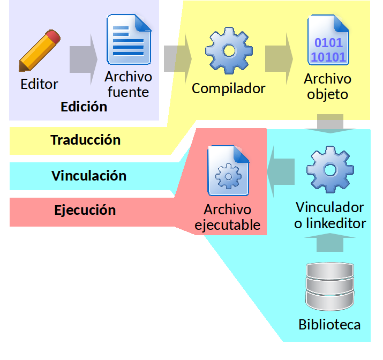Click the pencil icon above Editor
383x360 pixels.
tap(40, 50)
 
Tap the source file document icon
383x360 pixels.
tap(129, 39)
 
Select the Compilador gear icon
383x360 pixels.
tap(229, 51)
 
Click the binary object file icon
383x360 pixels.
tap(328, 40)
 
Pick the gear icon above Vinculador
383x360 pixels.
tap(331, 170)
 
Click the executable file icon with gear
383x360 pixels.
tap(228, 170)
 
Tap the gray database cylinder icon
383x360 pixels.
tap(329, 286)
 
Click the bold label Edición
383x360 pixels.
tap(84, 107)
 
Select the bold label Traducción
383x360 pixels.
tap(86, 140)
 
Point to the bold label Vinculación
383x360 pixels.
tap(89, 176)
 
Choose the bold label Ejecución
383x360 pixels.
tap(85, 211)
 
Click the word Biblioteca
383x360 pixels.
tap(329, 325)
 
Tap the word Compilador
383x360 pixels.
tap(228, 88)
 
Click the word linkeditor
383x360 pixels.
tap(336, 223)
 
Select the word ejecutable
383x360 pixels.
tap(228, 225)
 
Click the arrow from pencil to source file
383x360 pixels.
tap(83, 59)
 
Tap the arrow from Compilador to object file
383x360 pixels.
tap(279, 59)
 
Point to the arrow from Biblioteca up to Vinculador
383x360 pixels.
tap(330, 242)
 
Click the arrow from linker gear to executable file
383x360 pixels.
tap(281, 171)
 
